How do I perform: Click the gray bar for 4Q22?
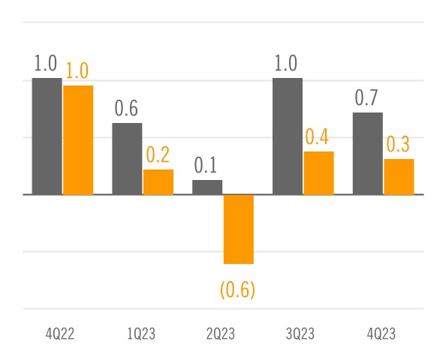coord(47,136)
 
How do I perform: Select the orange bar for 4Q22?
coord(78,140)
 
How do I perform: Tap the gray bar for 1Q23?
coord(127,159)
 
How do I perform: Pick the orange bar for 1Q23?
coord(158,182)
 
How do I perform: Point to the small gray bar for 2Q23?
coord(207,187)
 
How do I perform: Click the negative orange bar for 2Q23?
coord(238,229)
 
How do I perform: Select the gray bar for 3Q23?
coord(288,136)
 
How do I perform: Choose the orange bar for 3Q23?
coord(318,173)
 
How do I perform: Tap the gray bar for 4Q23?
coord(368,154)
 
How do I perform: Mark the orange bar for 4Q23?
coord(399,177)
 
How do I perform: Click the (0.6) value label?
coord(237,289)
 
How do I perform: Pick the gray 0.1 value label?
coord(206,165)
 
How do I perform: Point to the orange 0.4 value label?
coord(318,137)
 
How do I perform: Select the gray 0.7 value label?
coord(367,98)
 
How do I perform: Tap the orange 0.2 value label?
coord(158,155)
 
